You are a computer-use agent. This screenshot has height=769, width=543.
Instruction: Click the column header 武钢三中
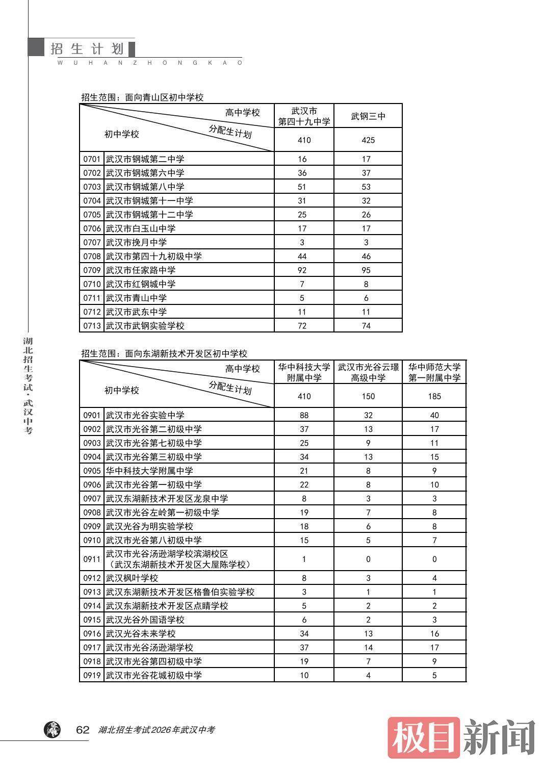coord(368,116)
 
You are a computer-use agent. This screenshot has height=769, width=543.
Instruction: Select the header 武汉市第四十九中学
coord(304,116)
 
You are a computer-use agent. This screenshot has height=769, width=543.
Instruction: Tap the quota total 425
coord(368,140)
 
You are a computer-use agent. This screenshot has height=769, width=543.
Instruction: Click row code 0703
coord(92,187)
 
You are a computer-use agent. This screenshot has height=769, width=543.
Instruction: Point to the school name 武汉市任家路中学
coord(141,270)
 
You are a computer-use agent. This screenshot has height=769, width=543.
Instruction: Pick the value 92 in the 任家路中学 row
coord(302,270)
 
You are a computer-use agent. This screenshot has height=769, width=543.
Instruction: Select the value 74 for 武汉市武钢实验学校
coord(366,326)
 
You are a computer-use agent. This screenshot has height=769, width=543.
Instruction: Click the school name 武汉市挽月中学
coord(136,242)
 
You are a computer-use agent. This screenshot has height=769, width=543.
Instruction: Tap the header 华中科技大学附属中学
coord(304,372)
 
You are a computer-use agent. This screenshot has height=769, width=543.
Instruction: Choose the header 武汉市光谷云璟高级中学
coord(368,372)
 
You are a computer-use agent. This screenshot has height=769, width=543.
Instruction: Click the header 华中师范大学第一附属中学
coord(434,372)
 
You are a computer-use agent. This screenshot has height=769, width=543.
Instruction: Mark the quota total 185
coord(434,396)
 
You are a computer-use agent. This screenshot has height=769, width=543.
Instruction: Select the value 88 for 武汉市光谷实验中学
coord(304,415)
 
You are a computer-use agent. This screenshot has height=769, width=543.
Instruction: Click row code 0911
coord(92,559)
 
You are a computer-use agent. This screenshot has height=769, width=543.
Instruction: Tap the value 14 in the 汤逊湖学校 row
coord(368,648)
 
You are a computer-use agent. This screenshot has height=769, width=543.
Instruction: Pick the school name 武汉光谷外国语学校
coord(145,620)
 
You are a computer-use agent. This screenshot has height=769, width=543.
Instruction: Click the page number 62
coord(83,730)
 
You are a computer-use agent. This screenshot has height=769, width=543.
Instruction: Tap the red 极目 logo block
coord(424,737)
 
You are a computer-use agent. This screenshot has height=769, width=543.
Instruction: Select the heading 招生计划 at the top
coord(87,49)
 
